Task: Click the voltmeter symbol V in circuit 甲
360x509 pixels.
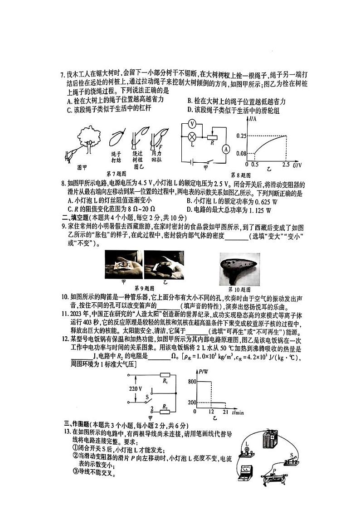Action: (x=192, y=123)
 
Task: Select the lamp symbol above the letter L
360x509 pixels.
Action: (x=192, y=136)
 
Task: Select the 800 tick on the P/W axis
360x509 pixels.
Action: (x=192, y=382)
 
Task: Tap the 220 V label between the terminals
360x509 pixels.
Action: (x=135, y=389)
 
